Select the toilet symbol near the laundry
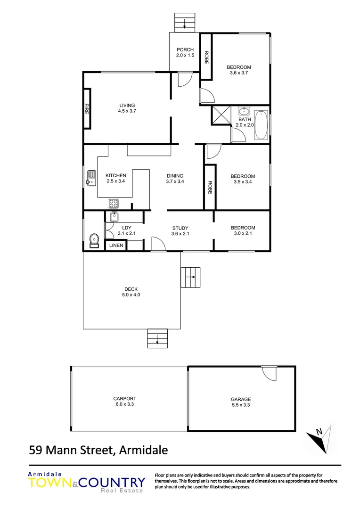94,240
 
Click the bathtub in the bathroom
261,125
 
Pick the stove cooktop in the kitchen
114,203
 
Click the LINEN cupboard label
115,246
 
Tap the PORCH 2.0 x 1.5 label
185,52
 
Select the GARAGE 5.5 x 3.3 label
241,402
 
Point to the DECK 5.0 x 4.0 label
131,292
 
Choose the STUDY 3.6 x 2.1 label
180,230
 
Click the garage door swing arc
270,374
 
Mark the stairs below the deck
157,337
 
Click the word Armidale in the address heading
143,450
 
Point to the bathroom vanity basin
244,112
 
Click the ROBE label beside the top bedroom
206,57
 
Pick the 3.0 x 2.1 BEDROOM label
244,230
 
